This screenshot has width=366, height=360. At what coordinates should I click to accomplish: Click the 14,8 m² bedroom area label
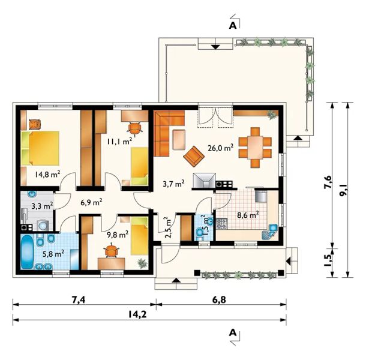(47, 174)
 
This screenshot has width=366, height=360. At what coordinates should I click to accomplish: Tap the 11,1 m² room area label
(120, 140)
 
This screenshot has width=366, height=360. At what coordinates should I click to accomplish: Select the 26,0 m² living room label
(221, 148)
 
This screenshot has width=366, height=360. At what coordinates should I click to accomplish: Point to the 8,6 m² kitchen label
(248, 215)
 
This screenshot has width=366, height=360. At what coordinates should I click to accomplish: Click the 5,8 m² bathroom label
(53, 254)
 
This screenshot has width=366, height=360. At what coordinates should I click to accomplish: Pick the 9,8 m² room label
(118, 234)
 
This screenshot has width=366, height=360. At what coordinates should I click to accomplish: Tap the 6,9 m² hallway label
(91, 202)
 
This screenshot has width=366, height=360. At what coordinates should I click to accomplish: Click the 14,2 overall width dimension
(137, 314)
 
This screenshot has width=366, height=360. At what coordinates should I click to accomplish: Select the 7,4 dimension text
(79, 300)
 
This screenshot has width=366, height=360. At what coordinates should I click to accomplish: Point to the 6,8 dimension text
(220, 299)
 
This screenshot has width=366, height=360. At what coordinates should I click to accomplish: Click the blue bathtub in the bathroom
(28, 251)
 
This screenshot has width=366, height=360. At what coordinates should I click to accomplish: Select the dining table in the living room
(255, 148)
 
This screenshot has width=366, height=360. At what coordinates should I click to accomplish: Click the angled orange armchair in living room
(194, 157)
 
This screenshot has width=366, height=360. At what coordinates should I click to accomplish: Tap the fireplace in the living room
(204, 180)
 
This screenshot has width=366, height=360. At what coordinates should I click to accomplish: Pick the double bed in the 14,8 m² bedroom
(40, 148)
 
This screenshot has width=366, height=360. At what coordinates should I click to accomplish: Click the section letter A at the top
(233, 25)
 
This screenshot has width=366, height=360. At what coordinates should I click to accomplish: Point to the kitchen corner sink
(271, 232)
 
